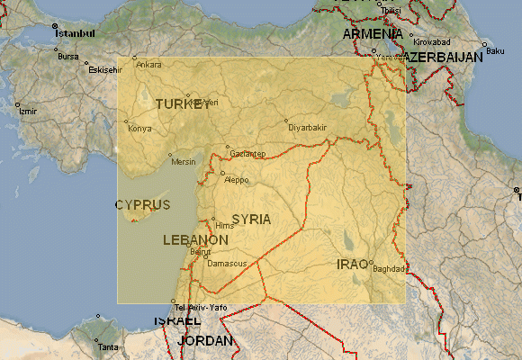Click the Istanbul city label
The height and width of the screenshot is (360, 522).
pyautogui.click(x=75, y=33)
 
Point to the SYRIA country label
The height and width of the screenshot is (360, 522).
pyautogui.click(x=251, y=219)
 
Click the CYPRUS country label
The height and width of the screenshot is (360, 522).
pyautogui.click(x=142, y=205)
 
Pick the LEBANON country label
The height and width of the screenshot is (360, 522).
pyautogui.click(x=195, y=240)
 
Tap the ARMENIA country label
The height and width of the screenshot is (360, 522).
pyautogui.click(x=370, y=34)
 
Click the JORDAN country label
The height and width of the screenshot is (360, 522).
pyautogui.click(x=206, y=341)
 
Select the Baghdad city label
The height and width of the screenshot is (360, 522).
pyautogui.click(x=390, y=269)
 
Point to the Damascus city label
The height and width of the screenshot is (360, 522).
pyautogui.click(x=226, y=264)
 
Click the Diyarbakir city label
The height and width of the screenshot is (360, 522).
pyautogui.click(x=307, y=128)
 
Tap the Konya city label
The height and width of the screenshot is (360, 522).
pyautogui.click(x=139, y=129)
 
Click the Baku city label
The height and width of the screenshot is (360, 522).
pyautogui.click(x=495, y=50)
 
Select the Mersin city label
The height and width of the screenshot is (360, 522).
pyautogui.click(x=183, y=162)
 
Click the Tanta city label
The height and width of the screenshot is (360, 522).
pyautogui.click(x=107, y=346)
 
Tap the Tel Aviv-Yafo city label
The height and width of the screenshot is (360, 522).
pyautogui.click(x=200, y=309)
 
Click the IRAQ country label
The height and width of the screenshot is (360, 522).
pyautogui.click(x=352, y=264)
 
